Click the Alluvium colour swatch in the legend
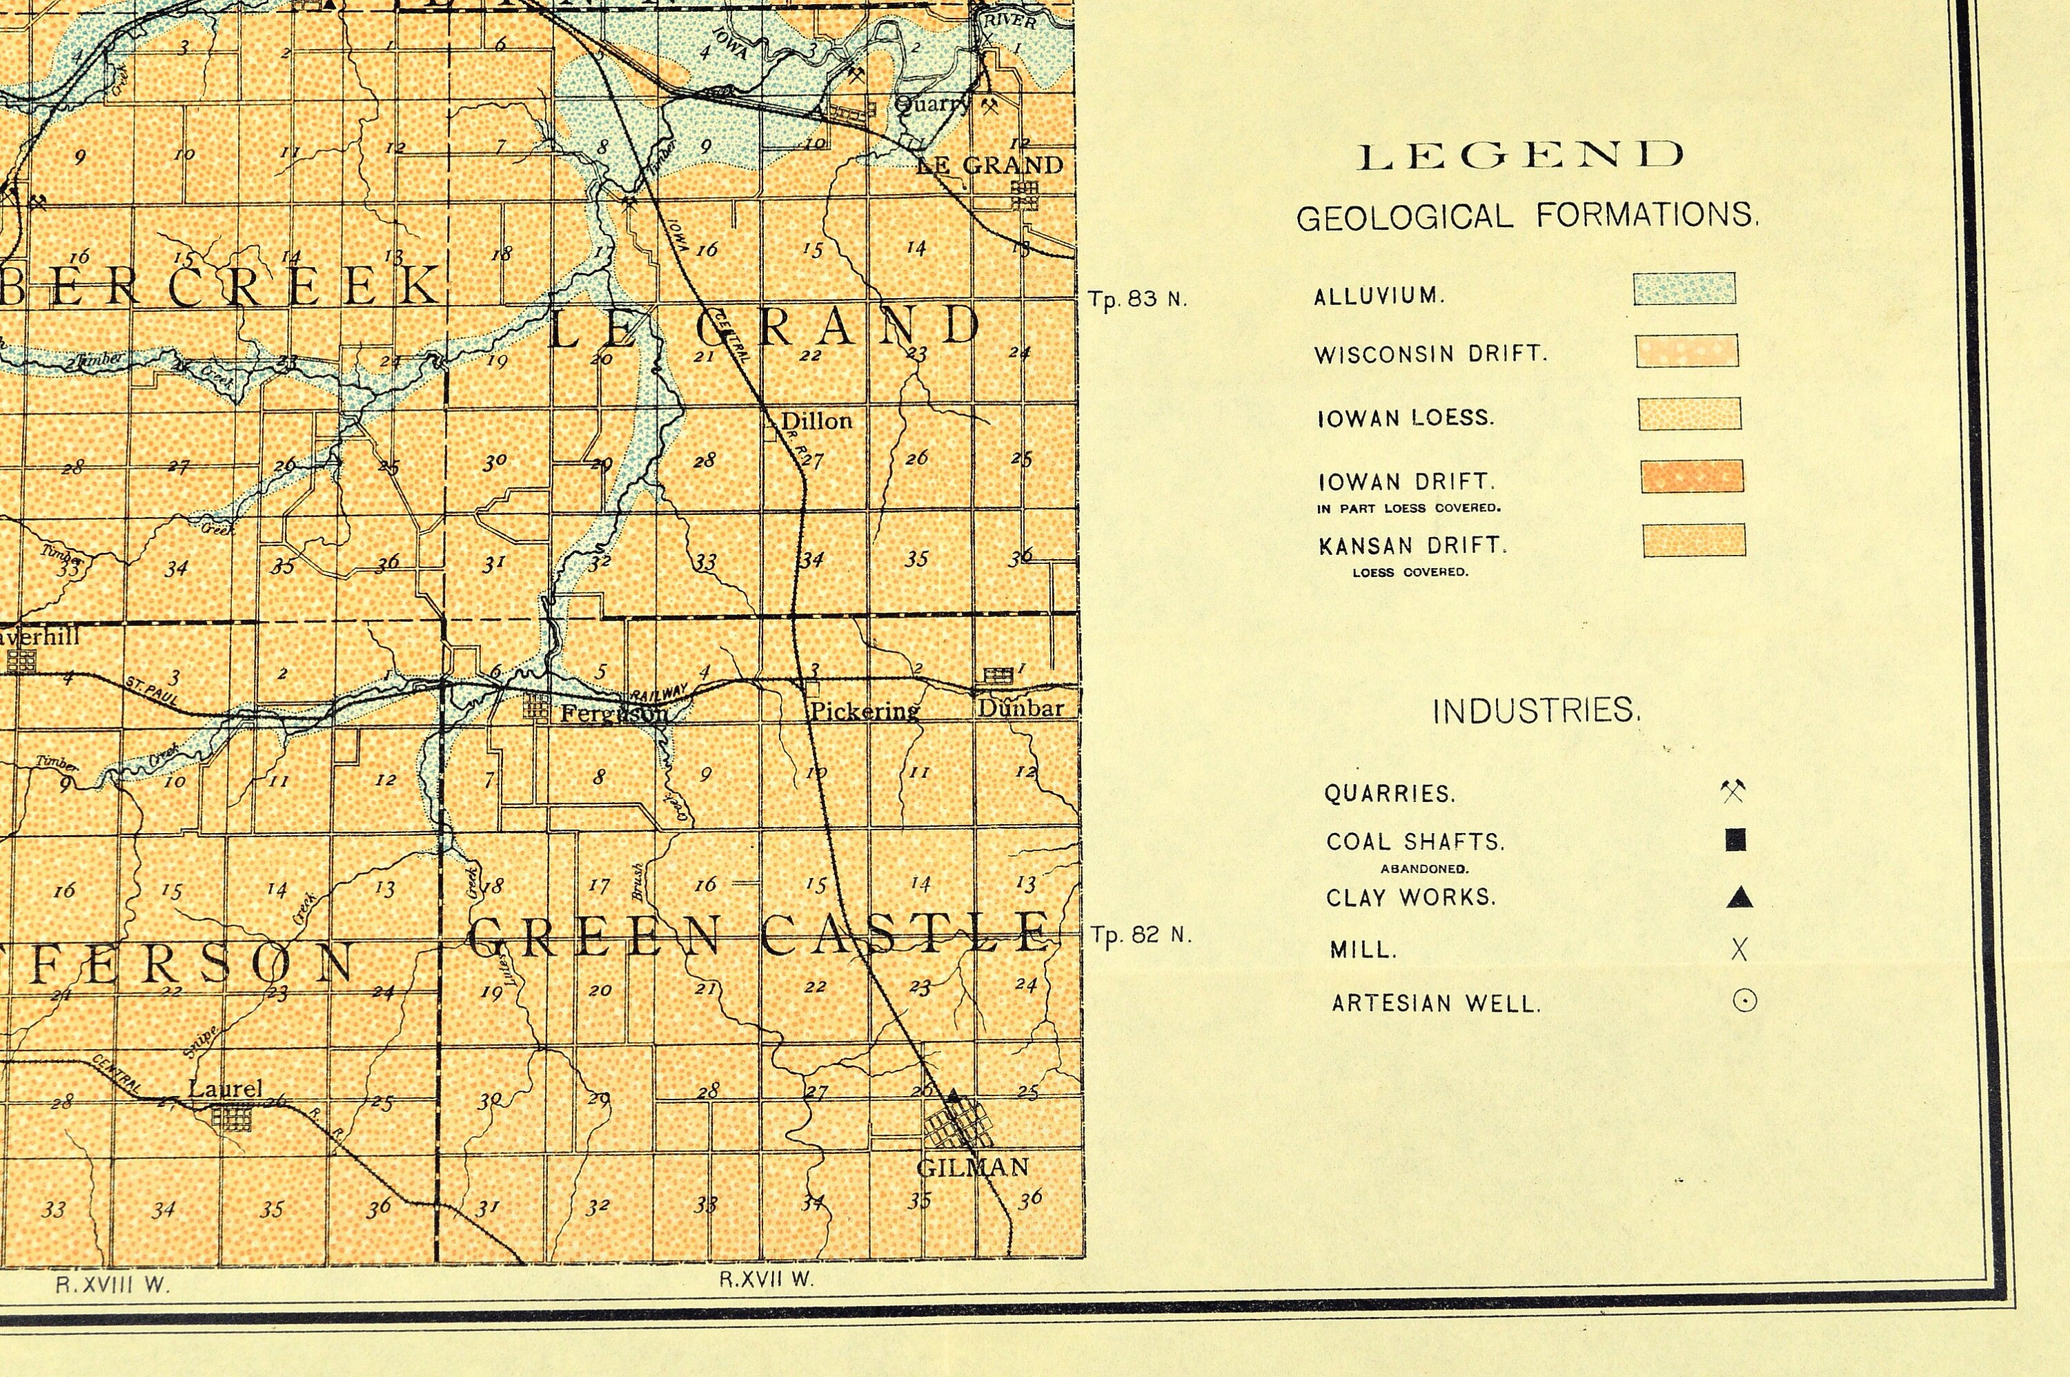[1684, 288]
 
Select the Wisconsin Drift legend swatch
[1686, 351]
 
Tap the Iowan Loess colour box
[1689, 413]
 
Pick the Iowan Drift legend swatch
[1692, 476]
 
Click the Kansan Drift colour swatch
[1694, 540]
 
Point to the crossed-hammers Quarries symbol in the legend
[1733, 790]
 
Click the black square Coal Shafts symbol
[1735, 839]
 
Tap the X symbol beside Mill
[1739, 949]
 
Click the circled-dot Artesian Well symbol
[1744, 1000]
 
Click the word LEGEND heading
[1521, 155]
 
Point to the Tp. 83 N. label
[1137, 300]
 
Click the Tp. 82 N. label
[1141, 935]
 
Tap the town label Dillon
[816, 420]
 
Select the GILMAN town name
[972, 1168]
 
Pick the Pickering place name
[864, 710]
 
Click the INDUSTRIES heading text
[1535, 710]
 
